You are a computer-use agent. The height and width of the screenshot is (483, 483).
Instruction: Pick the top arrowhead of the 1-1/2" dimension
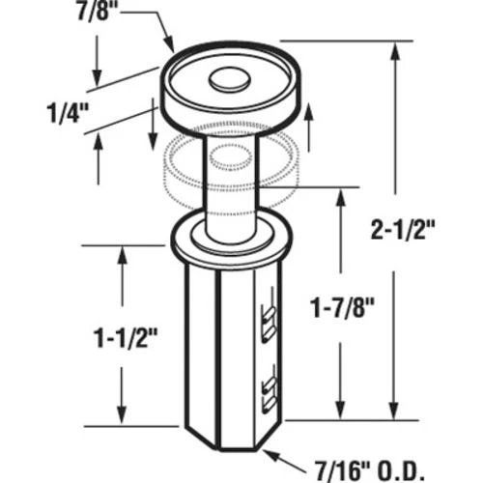pyautogui.click(x=123, y=253)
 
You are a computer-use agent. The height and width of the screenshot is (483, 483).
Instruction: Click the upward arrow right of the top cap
pyautogui.click(x=308, y=111)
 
